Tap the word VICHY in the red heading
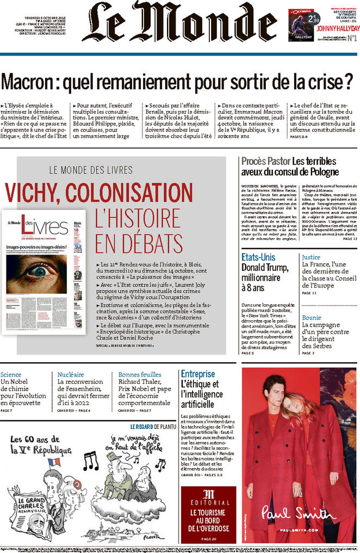point(34,192)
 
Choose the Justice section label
point(311,257)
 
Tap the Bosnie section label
point(311,317)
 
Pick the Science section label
point(11,374)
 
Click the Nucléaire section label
point(71,374)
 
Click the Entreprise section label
point(198,374)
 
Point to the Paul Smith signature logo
point(299,512)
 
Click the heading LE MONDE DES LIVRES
point(90,169)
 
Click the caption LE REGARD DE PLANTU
point(153,426)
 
